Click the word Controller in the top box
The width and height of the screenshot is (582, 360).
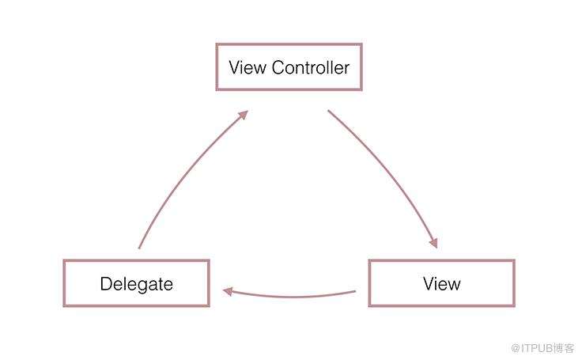coord(310,67)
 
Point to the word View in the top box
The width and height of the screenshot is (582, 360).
coord(248,67)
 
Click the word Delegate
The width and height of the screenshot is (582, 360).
coord(137,284)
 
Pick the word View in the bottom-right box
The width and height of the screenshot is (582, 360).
coord(442,284)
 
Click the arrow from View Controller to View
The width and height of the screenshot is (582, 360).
coord(390,170)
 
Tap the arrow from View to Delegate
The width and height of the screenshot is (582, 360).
coord(289,297)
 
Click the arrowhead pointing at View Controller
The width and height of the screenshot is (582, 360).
coord(243,115)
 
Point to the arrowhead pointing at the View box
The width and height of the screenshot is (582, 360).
coord(433,243)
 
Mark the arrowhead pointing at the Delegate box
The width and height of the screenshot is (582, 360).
coord(228,292)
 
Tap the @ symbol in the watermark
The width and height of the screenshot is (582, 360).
coord(516,348)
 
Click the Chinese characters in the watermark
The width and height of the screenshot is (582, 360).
coord(564,348)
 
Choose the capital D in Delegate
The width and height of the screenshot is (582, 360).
coord(106,284)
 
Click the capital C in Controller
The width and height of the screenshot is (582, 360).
coord(279,67)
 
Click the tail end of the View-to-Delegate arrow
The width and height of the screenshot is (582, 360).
coord(356,291)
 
